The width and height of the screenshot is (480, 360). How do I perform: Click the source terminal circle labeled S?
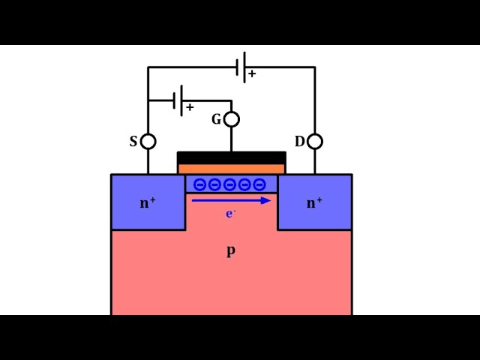pyautogui.click(x=148, y=141)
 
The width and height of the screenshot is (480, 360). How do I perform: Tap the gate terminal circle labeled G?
pyautogui.click(x=232, y=119)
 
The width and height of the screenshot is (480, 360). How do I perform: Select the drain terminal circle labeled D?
pyautogui.click(x=315, y=141)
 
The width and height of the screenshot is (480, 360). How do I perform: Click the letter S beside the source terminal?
pyautogui.click(x=133, y=141)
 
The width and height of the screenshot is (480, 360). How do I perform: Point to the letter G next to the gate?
pyautogui.click(x=217, y=119)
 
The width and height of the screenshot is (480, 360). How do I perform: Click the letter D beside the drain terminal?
pyautogui.click(x=300, y=141)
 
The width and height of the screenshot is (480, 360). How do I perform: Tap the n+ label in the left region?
pyautogui.click(x=148, y=202)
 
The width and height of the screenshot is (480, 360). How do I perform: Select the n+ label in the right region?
pyautogui.click(x=314, y=202)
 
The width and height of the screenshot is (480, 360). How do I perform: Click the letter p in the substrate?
pyautogui.click(x=231, y=250)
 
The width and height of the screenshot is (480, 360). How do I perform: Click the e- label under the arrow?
pyautogui.click(x=231, y=214)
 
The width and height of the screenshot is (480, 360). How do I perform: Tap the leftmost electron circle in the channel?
pyautogui.click(x=200, y=184)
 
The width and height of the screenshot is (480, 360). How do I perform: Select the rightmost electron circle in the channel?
pyautogui.click(x=259, y=184)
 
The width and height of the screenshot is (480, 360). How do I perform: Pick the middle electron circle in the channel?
pyautogui.click(x=230, y=184)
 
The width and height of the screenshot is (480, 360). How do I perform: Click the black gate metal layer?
pyautogui.click(x=231, y=157)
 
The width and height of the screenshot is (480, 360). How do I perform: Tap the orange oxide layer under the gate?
pyautogui.click(x=231, y=169)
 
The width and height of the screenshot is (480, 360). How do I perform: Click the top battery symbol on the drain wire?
pyautogui.click(x=240, y=67)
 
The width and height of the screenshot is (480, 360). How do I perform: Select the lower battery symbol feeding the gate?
pyautogui.click(x=178, y=100)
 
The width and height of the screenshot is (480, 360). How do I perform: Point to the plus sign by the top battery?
pyautogui.click(x=252, y=74)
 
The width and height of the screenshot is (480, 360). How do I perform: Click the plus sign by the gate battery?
pyautogui.click(x=190, y=107)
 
